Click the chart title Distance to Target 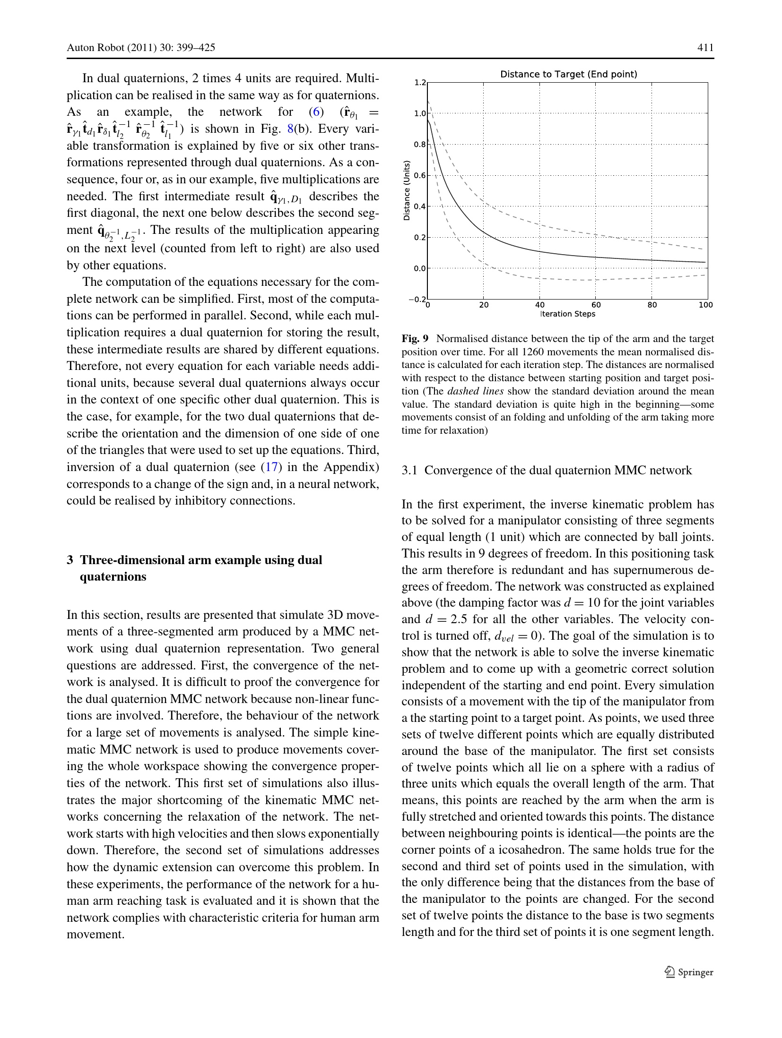coord(568,74)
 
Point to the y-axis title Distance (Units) coord(406,190)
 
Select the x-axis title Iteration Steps coord(567,314)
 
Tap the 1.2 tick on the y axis coord(419,83)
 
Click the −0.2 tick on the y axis coord(418,299)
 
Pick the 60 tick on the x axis coord(596,305)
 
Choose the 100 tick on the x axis coord(705,305)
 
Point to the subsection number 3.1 coord(409,470)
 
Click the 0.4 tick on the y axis coord(419,206)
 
